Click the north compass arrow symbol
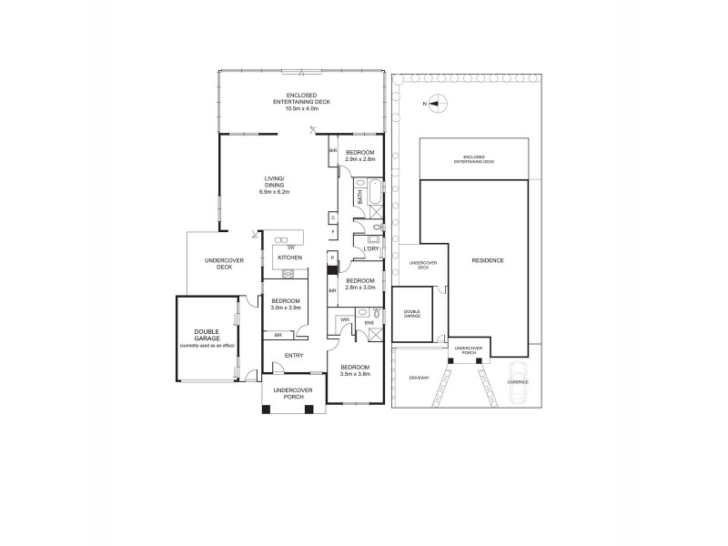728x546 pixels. coord(434,105)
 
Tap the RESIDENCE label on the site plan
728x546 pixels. coord(488,260)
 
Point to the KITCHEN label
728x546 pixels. coord(289,258)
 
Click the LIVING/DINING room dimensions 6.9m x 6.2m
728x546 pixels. coord(274,192)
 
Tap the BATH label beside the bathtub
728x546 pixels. coord(360,195)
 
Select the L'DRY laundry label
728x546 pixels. coord(370,249)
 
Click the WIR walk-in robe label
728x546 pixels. coord(345,320)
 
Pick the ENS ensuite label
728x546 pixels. coord(369,323)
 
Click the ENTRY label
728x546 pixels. coord(294,355)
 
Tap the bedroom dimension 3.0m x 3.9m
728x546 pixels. coord(284,308)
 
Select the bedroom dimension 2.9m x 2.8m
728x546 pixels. coord(360,159)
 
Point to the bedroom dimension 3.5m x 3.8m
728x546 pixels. coord(356,374)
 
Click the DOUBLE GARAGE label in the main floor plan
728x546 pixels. coord(207,336)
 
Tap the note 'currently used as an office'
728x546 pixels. coord(207,347)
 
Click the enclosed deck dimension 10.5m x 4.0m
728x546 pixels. coord(300,108)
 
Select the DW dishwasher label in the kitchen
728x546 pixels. coord(290,248)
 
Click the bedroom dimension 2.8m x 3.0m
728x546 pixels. coord(360,287)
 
